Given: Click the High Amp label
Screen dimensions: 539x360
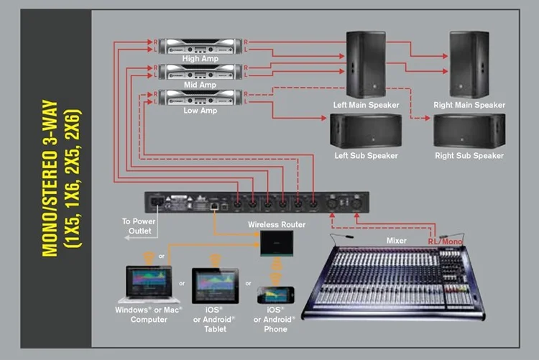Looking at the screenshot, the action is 200,58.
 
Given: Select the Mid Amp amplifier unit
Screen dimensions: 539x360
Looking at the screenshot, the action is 201,72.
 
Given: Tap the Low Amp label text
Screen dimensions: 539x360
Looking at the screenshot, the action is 200,111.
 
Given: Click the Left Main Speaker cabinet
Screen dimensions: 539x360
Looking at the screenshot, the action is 366,65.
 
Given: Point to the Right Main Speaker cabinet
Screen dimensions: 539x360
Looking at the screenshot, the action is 469,65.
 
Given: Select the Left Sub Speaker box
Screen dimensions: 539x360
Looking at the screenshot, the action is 366,131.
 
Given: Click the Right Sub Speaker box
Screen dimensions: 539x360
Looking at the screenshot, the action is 469,131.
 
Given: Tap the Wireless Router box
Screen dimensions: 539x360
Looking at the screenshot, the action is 277,244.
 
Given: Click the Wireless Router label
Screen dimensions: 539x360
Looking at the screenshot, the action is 277,224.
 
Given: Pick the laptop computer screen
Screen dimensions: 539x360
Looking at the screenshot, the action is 149,281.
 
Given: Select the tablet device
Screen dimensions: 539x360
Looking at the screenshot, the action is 215,286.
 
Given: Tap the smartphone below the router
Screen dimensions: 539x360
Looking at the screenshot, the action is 276,295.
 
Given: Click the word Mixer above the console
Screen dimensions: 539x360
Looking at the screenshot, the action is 396,241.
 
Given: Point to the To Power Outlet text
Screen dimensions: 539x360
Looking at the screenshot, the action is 139,226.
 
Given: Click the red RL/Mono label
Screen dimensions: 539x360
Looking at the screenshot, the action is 445,241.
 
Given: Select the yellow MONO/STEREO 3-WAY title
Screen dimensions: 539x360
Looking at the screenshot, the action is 50,178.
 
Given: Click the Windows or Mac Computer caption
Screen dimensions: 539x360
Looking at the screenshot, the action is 149,315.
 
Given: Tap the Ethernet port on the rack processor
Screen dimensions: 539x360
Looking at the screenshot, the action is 214,206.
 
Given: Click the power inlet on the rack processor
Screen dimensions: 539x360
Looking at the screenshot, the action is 157,203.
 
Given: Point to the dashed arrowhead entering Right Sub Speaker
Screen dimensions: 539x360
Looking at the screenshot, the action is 428,118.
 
